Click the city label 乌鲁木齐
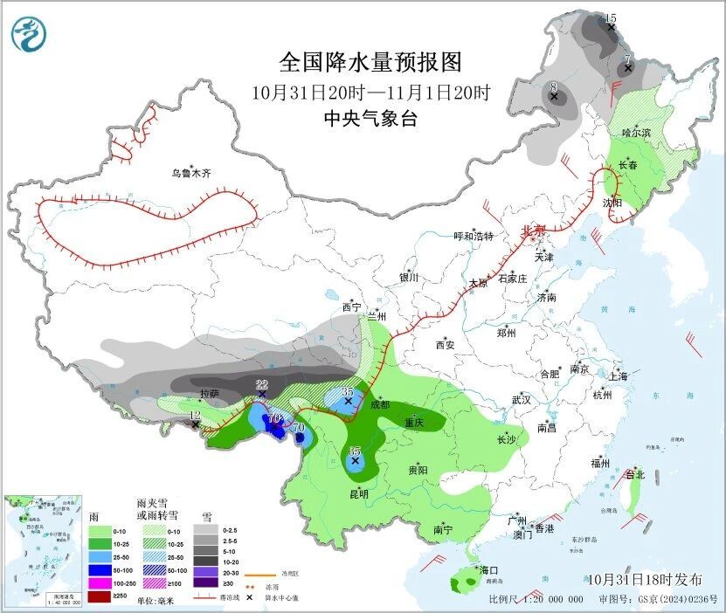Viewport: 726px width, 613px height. (x=190, y=174)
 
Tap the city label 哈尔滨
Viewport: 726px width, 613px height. (x=636, y=132)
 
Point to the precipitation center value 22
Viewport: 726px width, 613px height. (x=261, y=385)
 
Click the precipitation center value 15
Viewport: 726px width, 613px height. (x=611, y=18)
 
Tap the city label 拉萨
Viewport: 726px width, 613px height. (x=210, y=394)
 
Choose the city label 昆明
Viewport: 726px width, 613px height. (x=358, y=493)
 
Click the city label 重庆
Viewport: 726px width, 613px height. (x=413, y=423)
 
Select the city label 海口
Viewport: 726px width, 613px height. (x=488, y=570)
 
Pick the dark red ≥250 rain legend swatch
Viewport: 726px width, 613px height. (x=100, y=596)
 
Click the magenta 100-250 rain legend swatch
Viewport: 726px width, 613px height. (x=100, y=582)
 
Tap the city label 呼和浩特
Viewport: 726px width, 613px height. (x=474, y=237)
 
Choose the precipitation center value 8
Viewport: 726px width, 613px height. (x=553, y=86)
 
